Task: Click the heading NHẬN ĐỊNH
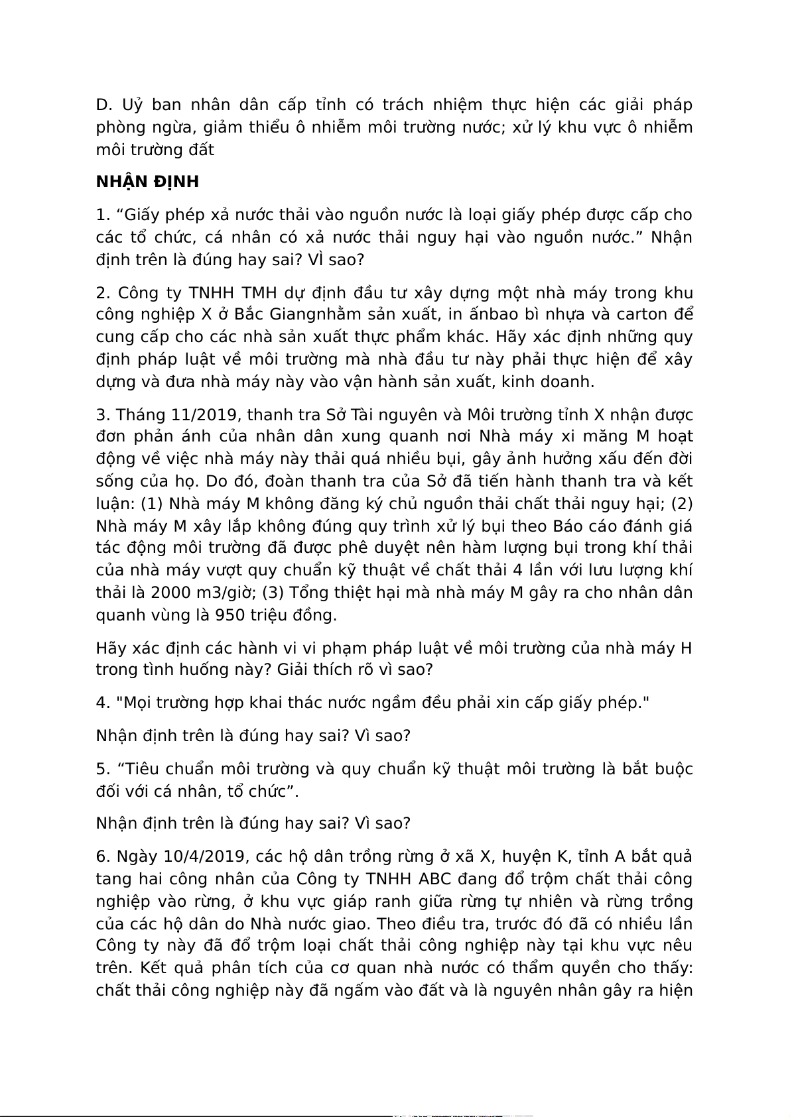pyautogui.click(x=147, y=182)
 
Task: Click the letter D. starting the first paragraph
pyautogui.click(x=105, y=105)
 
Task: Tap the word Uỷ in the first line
pyautogui.click(x=132, y=105)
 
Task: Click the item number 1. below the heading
pyautogui.click(x=102, y=215)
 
